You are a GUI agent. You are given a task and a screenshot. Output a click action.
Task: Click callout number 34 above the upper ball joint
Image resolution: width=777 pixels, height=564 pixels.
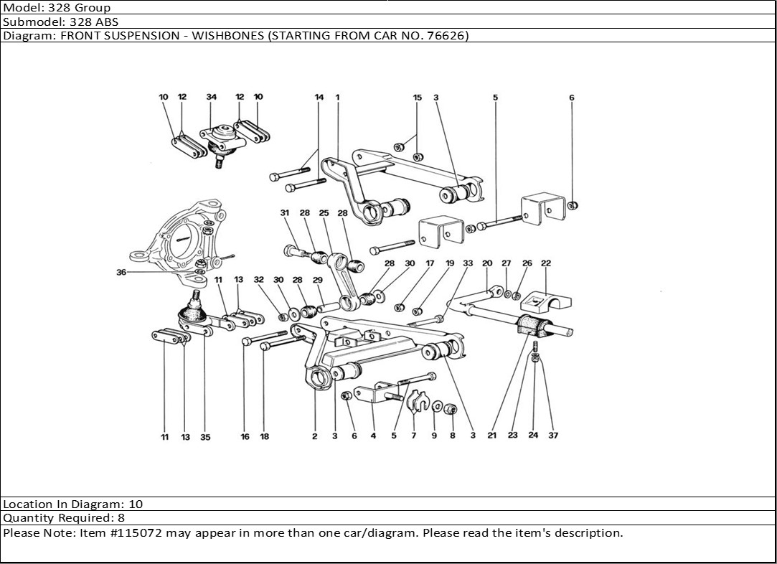click(211, 97)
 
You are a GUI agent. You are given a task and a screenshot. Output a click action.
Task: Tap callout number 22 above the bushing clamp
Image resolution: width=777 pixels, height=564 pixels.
click(546, 263)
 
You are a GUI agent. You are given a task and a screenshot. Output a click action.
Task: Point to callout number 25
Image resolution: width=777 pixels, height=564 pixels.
click(324, 213)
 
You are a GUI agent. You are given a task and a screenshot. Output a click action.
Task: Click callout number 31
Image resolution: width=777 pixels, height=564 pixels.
click(284, 213)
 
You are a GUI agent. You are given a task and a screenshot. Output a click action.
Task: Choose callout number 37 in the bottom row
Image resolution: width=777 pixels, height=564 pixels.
click(552, 435)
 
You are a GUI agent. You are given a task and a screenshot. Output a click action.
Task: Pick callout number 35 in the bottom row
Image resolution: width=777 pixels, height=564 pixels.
click(205, 437)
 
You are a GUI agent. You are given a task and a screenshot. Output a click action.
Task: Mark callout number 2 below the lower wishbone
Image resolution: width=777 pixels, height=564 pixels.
click(315, 436)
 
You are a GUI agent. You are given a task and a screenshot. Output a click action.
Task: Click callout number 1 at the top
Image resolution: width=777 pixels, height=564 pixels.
click(337, 97)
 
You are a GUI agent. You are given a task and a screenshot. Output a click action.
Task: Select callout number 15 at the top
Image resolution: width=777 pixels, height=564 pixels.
click(417, 97)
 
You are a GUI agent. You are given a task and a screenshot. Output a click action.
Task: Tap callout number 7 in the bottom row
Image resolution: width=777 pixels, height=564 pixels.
click(413, 436)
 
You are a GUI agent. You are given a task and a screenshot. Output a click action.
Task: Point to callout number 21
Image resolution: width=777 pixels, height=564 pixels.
click(491, 435)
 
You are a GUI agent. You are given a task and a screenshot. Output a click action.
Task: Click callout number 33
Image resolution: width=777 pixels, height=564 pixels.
click(468, 263)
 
